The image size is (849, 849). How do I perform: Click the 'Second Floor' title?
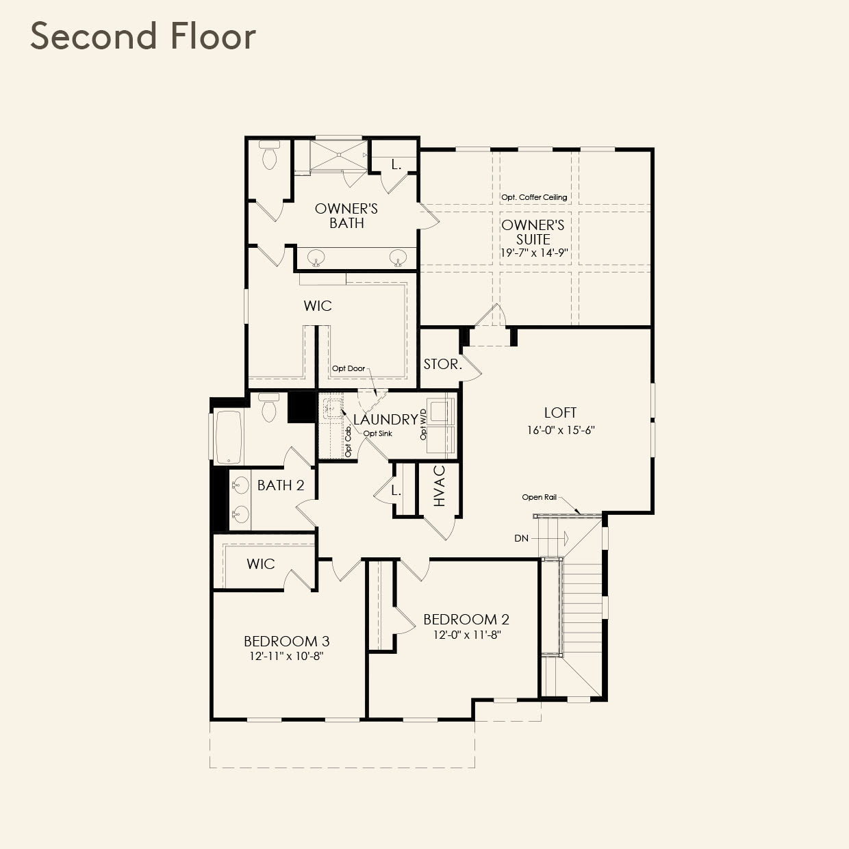click(x=143, y=36)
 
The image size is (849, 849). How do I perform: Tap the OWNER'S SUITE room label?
click(x=533, y=232)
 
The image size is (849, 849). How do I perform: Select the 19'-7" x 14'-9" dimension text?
click(x=533, y=253)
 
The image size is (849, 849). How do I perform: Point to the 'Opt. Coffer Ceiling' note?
click(x=534, y=197)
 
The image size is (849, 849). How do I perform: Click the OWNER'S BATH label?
click(x=346, y=216)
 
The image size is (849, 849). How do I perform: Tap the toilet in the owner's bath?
click(x=269, y=156)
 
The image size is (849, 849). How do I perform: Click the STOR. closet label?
click(x=442, y=364)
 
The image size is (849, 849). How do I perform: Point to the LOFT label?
click(x=560, y=412)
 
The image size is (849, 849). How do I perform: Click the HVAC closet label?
click(x=440, y=486)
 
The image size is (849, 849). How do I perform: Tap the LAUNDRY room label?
click(x=385, y=420)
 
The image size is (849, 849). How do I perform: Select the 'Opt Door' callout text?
click(x=349, y=368)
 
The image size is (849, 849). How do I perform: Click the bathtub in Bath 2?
click(x=230, y=435)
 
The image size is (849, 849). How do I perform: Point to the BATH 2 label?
click(x=281, y=485)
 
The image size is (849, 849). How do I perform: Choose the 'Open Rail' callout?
click(x=540, y=497)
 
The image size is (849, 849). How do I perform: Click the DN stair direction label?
click(x=522, y=538)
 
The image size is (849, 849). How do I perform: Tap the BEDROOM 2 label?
click(x=466, y=620)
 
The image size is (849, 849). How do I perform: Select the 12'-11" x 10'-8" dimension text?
click(x=287, y=656)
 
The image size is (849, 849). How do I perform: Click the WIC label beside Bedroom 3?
click(x=261, y=564)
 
